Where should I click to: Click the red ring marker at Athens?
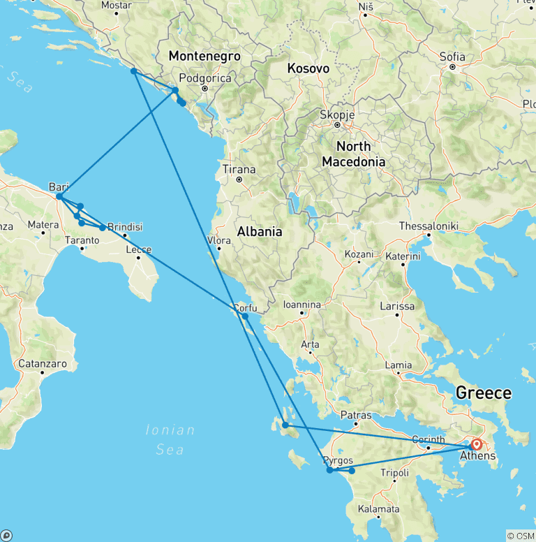click(477, 444)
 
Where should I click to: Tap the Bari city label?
click(59, 186)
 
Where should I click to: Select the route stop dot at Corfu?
click(245, 316)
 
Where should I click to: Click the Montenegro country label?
click(204, 57)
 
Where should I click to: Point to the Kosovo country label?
click(308, 68)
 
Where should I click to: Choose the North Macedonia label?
click(353, 154)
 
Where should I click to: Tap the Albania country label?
click(259, 232)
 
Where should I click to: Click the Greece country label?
click(484, 393)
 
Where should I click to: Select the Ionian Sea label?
click(170, 439)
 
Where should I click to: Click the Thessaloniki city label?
click(428, 226)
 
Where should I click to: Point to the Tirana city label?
click(239, 169)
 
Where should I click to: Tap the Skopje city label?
click(337, 115)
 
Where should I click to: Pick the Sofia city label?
click(452, 57)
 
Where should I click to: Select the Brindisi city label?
click(125, 226)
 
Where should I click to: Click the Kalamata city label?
click(378, 509)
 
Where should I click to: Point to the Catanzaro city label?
click(43, 363)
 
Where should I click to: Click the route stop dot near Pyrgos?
click(330, 470)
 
